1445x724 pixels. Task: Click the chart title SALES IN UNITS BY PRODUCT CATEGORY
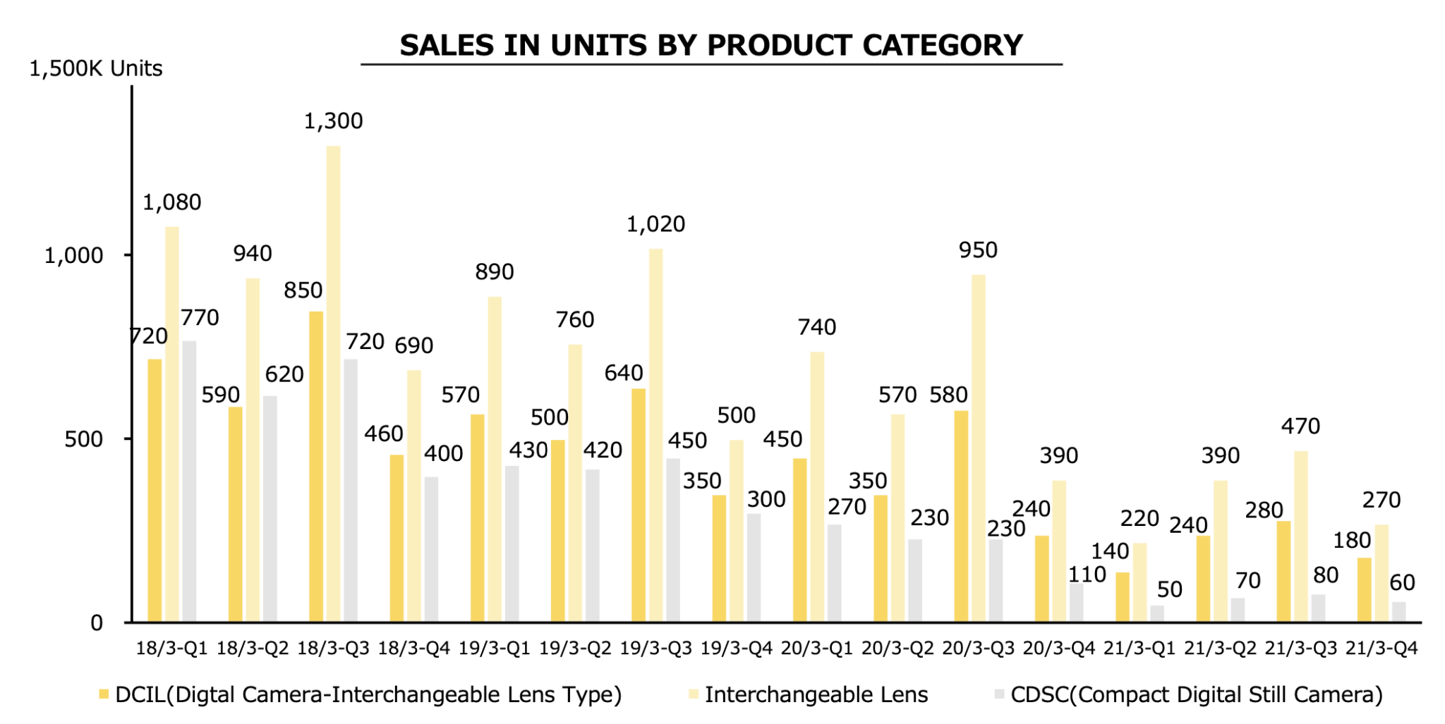[x=711, y=45]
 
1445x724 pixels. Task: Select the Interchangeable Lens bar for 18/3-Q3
[x=333, y=384]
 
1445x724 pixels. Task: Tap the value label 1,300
[x=333, y=121]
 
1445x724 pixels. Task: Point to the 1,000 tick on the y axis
[x=74, y=255]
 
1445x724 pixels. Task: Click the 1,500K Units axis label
[x=96, y=68]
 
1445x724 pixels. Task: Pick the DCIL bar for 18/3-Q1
[x=155, y=491]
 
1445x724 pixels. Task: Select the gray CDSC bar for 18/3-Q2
[x=270, y=509]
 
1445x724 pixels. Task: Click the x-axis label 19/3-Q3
[x=655, y=649]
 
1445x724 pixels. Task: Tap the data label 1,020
[x=655, y=224]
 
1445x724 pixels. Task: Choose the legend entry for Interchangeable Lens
[x=816, y=695]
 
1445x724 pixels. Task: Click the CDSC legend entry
[x=1196, y=695]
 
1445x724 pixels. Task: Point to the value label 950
[x=978, y=250]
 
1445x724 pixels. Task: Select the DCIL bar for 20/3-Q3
[x=961, y=516]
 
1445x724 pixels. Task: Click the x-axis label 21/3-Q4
[x=1381, y=649]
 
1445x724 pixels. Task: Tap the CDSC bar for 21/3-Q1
[x=1157, y=614]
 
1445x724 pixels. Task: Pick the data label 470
[x=1300, y=427]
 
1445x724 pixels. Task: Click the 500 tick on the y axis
[x=83, y=439]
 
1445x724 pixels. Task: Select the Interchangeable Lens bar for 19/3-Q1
[x=495, y=460]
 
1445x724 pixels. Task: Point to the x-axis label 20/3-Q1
[x=816, y=649]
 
